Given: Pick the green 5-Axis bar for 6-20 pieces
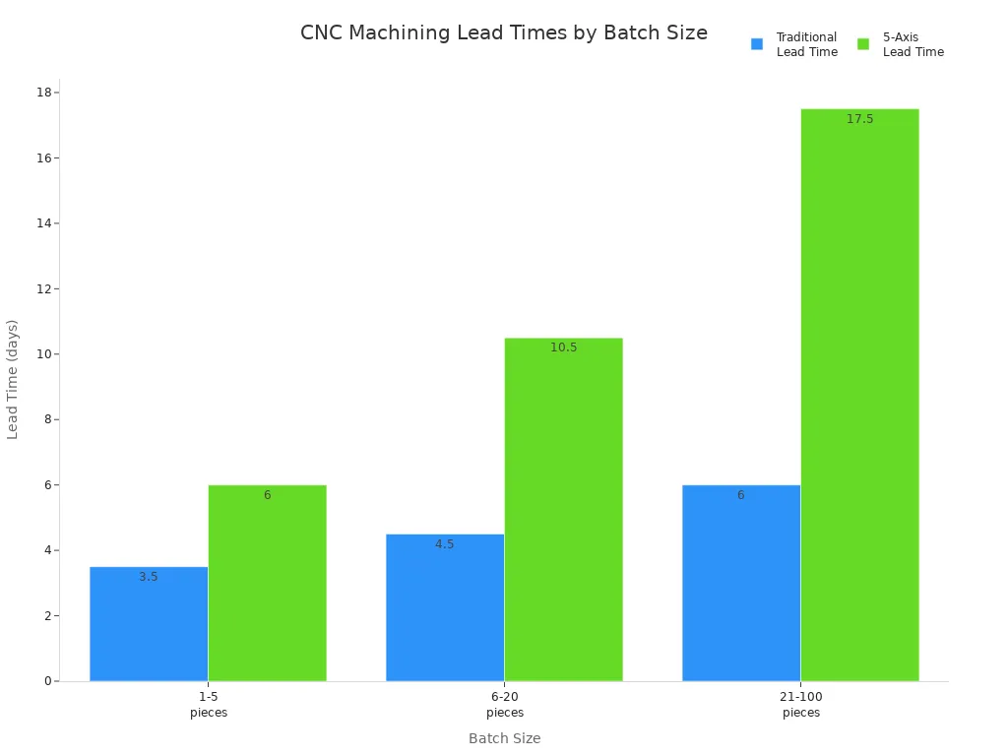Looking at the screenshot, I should pos(563,512).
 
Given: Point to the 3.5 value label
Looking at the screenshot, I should pos(149,577).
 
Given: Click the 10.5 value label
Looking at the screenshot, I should pos(564,347).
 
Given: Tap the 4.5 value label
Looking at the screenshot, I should pos(445,544).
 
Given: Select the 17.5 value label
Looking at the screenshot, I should pos(859,119).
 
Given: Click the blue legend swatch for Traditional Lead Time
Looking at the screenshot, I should pos(757,44).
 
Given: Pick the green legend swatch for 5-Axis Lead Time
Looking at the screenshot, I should pos(863,44).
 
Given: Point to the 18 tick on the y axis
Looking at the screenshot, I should pos(43,93).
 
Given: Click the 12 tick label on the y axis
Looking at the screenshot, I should pos(43,288).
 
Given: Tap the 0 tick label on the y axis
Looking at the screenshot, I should pos(47,681).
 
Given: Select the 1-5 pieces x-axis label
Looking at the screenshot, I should pos(209,705).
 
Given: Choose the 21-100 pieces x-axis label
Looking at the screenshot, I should pos(801,705).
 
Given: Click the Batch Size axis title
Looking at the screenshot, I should pos(504,738).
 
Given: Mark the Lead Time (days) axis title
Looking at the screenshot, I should pos(13,379).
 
